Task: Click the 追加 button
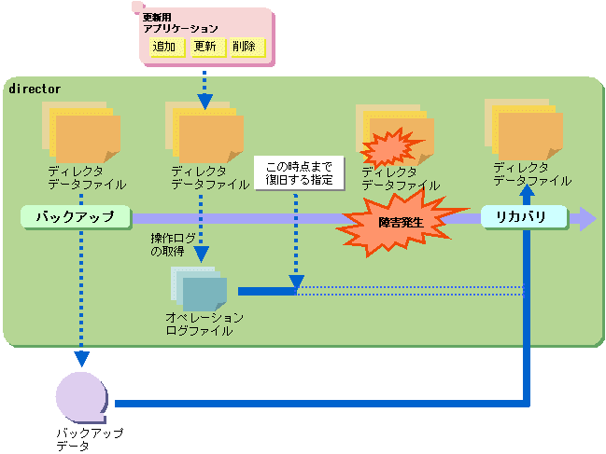point(167,47)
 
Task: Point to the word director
point(35,89)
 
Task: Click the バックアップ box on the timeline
point(74,217)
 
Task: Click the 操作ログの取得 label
point(175,244)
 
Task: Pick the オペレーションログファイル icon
point(198,289)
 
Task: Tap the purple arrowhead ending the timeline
point(585,219)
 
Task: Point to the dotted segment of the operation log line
point(411,291)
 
